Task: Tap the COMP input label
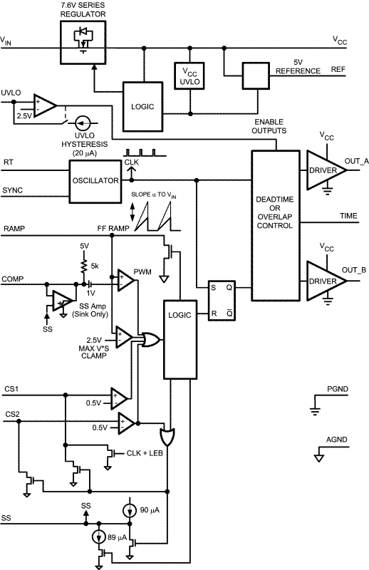pos(15,279)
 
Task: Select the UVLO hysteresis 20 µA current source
pos(83,123)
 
